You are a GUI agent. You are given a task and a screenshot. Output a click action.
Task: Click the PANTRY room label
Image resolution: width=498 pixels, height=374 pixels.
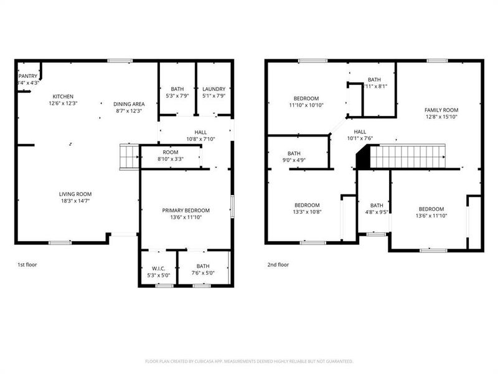tap(28, 76)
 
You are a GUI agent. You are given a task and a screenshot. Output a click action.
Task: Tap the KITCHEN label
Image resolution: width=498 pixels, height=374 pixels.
tap(63, 97)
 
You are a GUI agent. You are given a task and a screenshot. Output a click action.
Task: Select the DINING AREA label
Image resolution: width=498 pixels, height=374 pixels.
tap(129, 103)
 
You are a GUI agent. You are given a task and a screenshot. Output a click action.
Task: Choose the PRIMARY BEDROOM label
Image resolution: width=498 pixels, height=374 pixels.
tap(186, 211)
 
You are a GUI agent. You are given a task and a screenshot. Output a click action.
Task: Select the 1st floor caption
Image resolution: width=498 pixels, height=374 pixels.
tap(27, 264)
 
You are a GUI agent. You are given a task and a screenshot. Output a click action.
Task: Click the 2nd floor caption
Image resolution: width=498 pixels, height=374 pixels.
tap(278, 264)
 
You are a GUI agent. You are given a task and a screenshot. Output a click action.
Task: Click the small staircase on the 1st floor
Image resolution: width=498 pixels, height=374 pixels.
tap(128, 156)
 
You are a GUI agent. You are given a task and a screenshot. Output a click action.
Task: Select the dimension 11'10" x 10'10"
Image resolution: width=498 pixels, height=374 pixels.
tap(306, 105)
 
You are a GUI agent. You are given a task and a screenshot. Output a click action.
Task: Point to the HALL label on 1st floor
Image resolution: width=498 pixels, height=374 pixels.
tap(200, 132)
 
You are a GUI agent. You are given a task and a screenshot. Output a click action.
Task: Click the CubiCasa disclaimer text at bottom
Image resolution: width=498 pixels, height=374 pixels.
tap(249, 361)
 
